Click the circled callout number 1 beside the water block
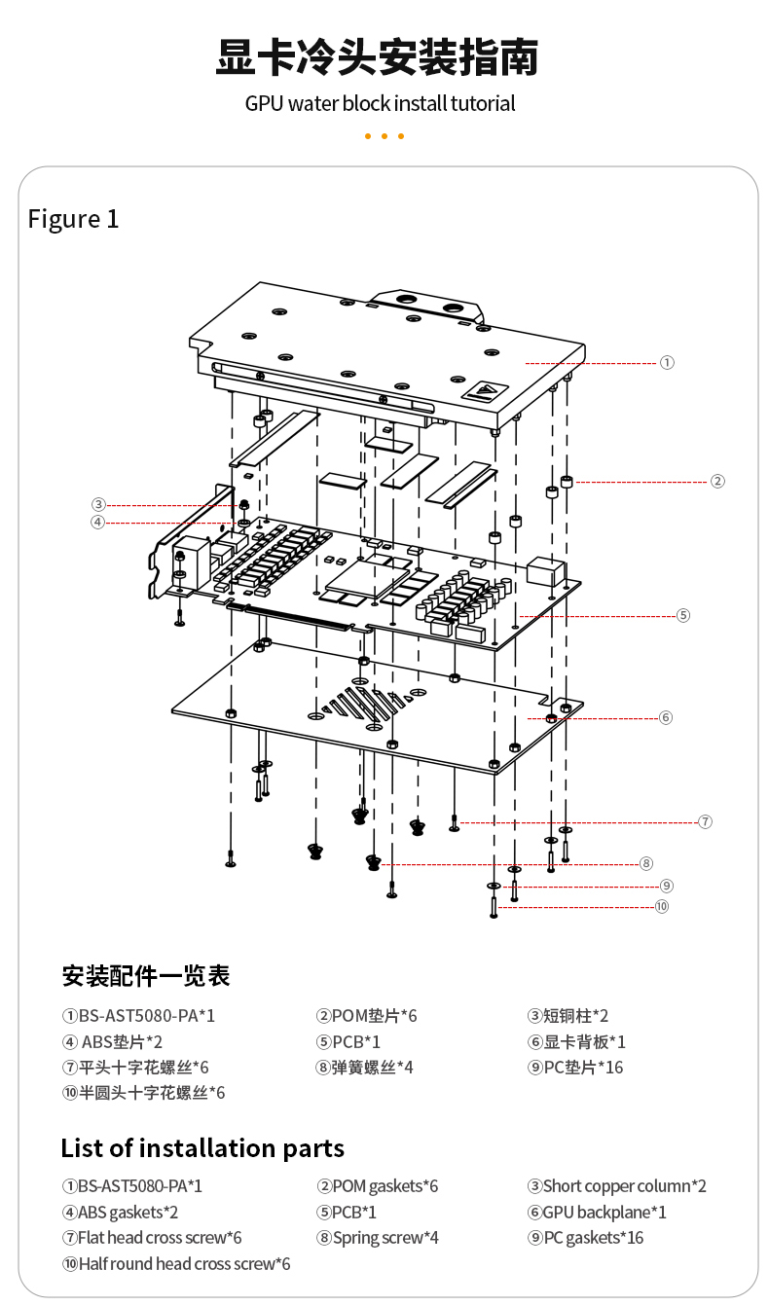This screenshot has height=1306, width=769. pyautogui.click(x=667, y=363)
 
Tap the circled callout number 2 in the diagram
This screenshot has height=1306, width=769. pyautogui.click(x=717, y=481)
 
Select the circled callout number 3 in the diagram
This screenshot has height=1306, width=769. pyautogui.click(x=98, y=504)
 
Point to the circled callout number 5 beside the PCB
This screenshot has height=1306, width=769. pyautogui.click(x=682, y=615)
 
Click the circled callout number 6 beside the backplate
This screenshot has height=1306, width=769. pyautogui.click(x=666, y=718)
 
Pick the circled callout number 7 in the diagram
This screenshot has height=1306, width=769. pyautogui.click(x=705, y=822)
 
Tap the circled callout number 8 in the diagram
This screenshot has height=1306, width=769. pyautogui.click(x=645, y=863)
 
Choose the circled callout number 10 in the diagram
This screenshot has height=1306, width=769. pyautogui.click(x=662, y=907)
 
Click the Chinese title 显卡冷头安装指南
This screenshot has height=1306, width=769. pyautogui.click(x=377, y=57)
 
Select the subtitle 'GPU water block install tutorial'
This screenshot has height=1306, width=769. pyautogui.click(x=380, y=103)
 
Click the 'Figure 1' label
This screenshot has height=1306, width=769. pyautogui.click(x=73, y=219)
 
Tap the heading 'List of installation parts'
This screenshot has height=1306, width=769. pyautogui.click(x=202, y=1148)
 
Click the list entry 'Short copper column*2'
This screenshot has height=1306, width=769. pyautogui.click(x=617, y=1186)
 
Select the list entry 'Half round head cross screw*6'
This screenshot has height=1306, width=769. pyautogui.click(x=176, y=1264)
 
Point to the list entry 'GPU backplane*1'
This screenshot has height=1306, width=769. pyautogui.click(x=598, y=1213)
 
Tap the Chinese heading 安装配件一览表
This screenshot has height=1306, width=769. pyautogui.click(x=146, y=975)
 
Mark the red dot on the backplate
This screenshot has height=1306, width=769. pyautogui.click(x=551, y=717)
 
